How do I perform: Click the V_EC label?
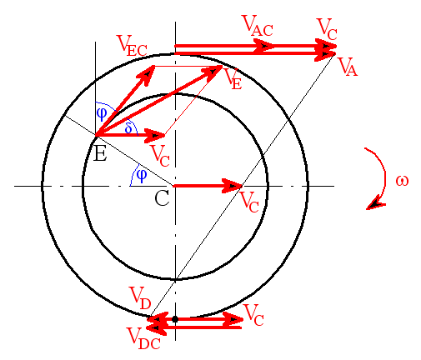[x=132, y=46]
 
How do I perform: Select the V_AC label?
[x=258, y=26]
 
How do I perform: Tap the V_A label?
[x=348, y=67]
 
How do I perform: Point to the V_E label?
[x=233, y=79]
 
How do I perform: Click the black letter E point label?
[x=100, y=153]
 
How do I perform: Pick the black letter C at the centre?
[x=162, y=198]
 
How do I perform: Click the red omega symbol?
[x=402, y=181]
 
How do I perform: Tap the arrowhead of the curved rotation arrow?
[x=376, y=203]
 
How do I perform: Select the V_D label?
[x=140, y=298]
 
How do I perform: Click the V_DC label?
[x=143, y=338]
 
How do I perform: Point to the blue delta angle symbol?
[x=128, y=128]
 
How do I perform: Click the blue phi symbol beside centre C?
[x=142, y=176]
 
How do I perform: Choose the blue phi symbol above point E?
[x=102, y=114]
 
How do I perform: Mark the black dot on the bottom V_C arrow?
[x=175, y=319]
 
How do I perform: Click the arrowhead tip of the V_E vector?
[x=222, y=66]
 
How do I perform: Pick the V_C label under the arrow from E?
[x=160, y=156]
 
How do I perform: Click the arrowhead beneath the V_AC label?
[x=264, y=46]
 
